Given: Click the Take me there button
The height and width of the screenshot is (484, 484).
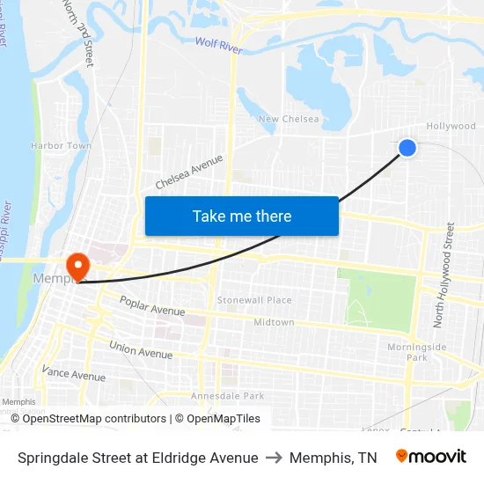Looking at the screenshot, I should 242,216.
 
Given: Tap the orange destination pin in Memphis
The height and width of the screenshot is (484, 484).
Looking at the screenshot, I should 77,266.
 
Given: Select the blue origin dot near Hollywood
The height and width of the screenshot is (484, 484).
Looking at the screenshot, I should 407,148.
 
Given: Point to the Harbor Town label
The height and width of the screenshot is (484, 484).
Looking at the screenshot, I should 61,145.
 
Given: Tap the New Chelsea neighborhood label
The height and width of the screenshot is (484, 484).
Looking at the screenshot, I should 289,119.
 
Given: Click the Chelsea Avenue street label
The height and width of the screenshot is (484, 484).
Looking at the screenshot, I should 189,172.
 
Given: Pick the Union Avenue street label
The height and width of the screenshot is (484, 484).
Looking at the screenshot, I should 141,349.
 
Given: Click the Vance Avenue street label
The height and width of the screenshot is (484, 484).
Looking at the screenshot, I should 73,376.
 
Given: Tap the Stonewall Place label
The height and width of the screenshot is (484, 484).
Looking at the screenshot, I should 254,300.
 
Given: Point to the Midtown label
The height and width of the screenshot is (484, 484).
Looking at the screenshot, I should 274,322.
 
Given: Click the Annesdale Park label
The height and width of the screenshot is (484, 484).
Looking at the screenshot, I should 228,396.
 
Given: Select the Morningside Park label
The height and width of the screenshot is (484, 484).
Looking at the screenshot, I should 416,352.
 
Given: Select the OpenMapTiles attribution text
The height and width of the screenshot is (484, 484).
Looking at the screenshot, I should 217,419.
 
